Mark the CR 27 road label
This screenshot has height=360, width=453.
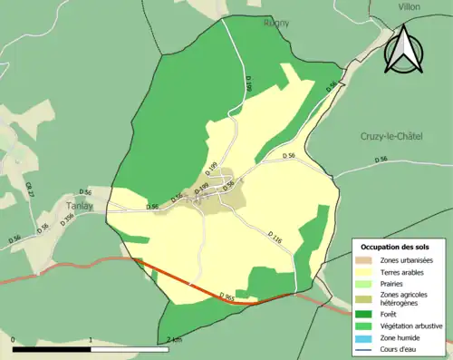[30, 189]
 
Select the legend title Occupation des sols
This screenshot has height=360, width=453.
[397, 247]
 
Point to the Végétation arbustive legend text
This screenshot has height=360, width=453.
[415, 326]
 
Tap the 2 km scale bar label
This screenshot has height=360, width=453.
[174, 341]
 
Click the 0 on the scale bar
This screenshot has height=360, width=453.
[13, 341]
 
